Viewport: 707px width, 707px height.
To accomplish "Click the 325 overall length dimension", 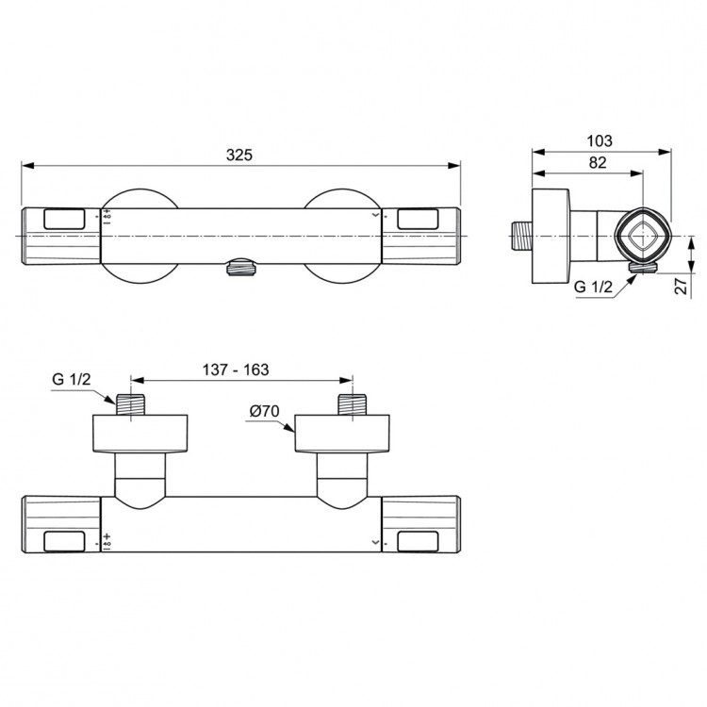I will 240,155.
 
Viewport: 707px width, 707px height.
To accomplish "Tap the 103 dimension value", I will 599,140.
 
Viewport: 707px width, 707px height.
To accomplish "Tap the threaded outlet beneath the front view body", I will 241,270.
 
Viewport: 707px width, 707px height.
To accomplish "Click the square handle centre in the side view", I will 643,234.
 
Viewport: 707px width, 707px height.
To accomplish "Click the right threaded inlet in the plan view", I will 353,403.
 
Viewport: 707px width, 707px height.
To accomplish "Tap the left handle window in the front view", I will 64,219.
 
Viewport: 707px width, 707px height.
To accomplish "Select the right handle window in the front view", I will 420,219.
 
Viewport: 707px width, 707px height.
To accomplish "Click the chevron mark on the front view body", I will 377,216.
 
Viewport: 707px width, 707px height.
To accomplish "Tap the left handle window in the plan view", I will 64,541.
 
